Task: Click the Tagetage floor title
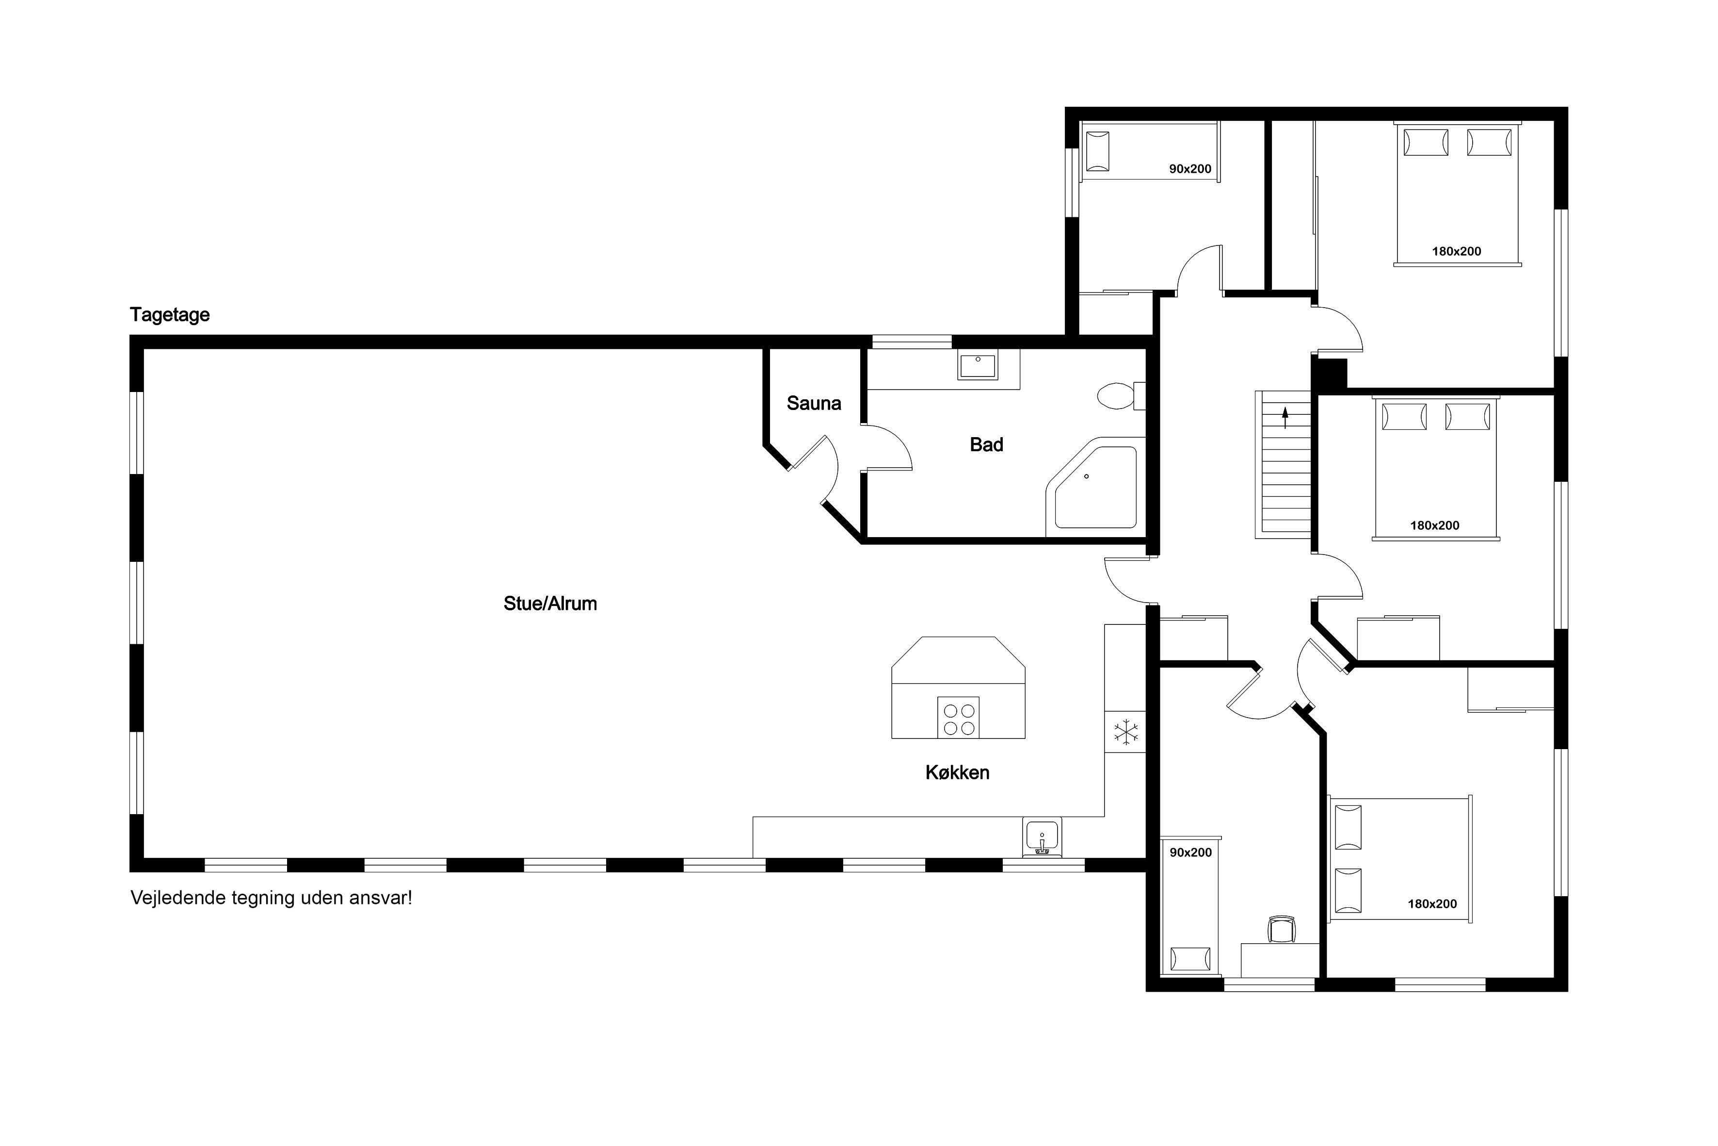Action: [169, 315]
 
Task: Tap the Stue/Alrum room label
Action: [550, 604]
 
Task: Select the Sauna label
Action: [814, 404]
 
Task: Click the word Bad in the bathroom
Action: [986, 444]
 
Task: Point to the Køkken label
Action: [957, 772]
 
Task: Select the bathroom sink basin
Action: [978, 365]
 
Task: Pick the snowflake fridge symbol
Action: [1125, 732]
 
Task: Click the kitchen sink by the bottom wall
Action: [1042, 837]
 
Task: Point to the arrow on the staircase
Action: [1285, 419]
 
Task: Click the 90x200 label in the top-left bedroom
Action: [1190, 169]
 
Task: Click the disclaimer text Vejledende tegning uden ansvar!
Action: [271, 898]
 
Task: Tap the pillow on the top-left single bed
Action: [1097, 151]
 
